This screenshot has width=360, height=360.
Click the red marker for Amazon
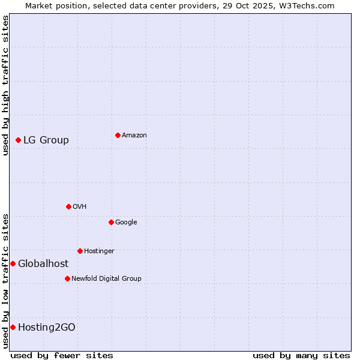pyautogui.click(x=118, y=135)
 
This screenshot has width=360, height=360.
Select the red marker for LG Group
pyautogui.click(x=19, y=140)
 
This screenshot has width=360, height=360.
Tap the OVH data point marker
pyautogui.click(x=68, y=206)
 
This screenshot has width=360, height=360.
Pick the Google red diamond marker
pyautogui.click(x=111, y=222)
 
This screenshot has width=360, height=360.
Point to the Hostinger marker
pyautogui.click(x=80, y=251)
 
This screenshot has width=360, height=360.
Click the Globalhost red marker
pyautogui.click(x=13, y=263)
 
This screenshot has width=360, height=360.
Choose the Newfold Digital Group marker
pyautogui.click(x=67, y=278)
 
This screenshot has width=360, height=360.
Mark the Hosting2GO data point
pyautogui.click(x=13, y=327)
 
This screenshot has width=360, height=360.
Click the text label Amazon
pyautogui.click(x=134, y=136)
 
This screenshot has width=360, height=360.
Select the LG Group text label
pyautogui.click(x=46, y=140)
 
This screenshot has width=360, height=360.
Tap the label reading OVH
pyautogui.click(x=80, y=207)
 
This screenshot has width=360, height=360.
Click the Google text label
pyautogui.click(x=126, y=223)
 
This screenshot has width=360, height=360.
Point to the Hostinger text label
pyautogui.click(x=99, y=251)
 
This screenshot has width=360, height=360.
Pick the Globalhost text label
pyautogui.click(x=43, y=264)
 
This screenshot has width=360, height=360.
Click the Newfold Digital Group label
pyautogui.click(x=106, y=279)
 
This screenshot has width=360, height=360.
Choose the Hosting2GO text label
pyautogui.click(x=47, y=328)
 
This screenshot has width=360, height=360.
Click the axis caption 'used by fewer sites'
pyautogui.click(x=62, y=355)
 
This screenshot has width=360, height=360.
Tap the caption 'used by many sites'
pyautogui.click(x=301, y=355)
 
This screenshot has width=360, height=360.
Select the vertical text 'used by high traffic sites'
pyautogui.click(x=5, y=85)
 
